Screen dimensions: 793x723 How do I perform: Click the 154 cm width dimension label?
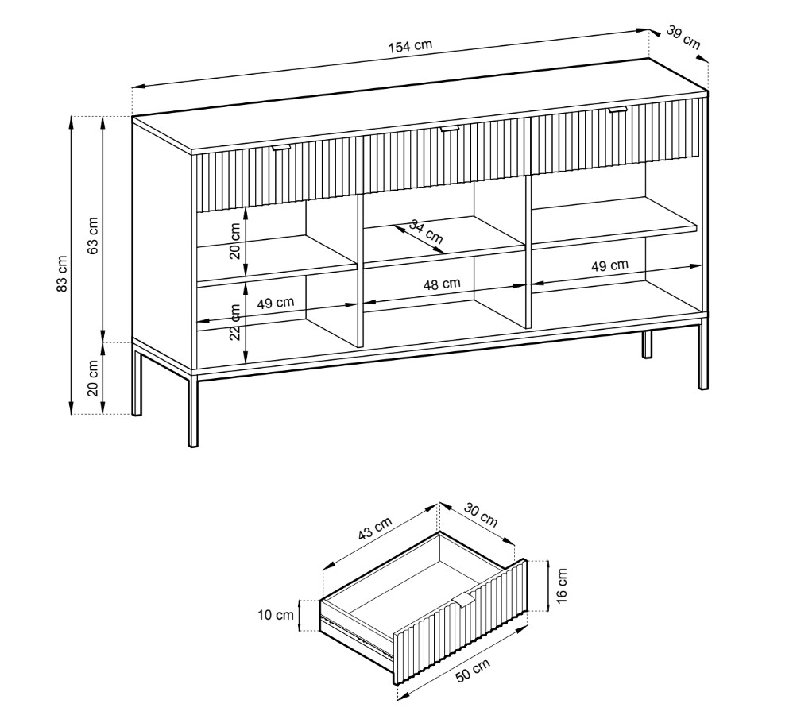click(x=410, y=45)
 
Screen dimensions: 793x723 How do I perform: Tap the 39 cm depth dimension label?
click(x=683, y=37)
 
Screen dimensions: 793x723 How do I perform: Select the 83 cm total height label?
click(x=62, y=273)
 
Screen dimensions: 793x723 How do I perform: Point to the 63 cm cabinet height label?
click(x=93, y=236)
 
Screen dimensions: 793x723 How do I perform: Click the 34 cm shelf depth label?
click(x=426, y=231)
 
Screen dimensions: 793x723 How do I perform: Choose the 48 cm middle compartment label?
click(x=442, y=284)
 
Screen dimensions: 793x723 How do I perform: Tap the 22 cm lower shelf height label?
click(x=235, y=322)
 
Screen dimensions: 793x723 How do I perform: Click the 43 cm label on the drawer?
click(x=375, y=528)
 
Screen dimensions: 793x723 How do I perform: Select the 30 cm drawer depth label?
click(x=481, y=515)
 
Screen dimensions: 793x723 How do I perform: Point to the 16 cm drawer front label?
click(x=562, y=585)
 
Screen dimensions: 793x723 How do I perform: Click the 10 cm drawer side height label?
click(x=275, y=615)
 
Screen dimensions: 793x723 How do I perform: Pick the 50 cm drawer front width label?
click(x=473, y=671)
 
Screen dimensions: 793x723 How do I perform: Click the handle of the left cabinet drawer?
click(x=281, y=147)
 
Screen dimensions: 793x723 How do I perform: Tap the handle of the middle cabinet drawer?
click(x=449, y=129)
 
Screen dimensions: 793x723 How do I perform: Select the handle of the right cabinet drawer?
click(x=617, y=109)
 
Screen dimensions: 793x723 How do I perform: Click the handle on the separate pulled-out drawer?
click(x=463, y=600)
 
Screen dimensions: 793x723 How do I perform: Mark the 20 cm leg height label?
click(x=93, y=378)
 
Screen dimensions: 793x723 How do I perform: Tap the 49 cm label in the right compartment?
click(x=609, y=265)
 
